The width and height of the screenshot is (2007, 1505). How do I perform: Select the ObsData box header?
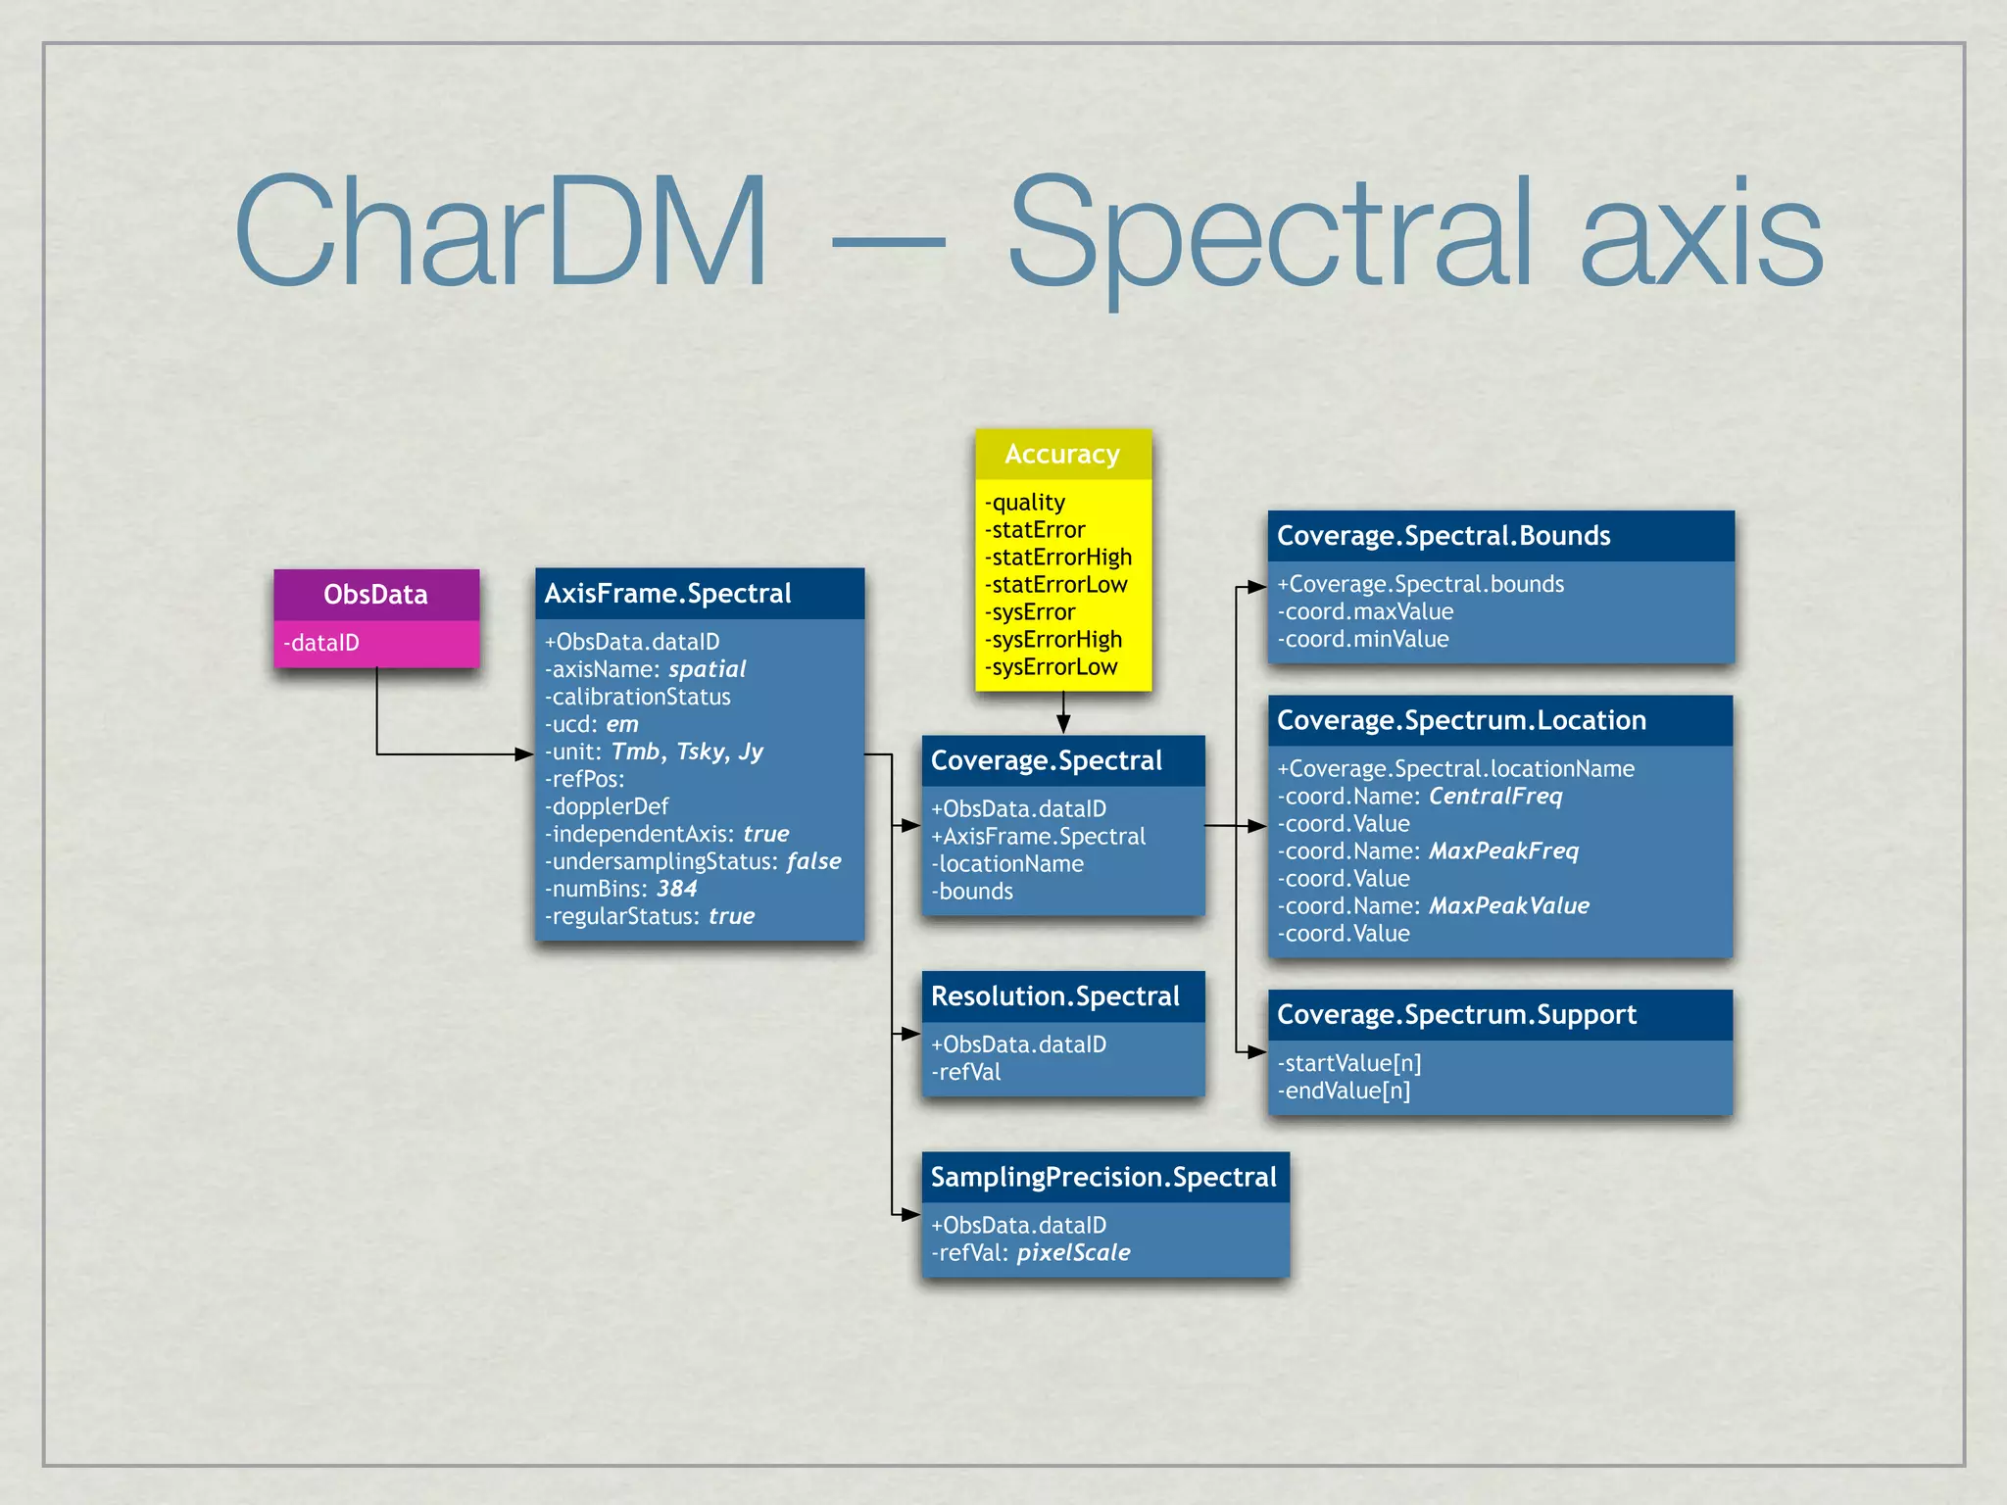click(375, 595)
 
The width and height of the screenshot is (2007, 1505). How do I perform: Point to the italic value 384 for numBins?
click(676, 889)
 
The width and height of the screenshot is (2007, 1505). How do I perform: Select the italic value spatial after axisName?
click(707, 669)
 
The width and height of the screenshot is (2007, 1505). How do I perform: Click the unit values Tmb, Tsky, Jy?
click(687, 752)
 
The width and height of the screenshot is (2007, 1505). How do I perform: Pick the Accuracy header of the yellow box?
click(1062, 455)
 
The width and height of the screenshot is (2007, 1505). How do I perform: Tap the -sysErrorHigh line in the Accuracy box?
click(1053, 640)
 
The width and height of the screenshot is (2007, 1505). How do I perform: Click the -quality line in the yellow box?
click(1025, 503)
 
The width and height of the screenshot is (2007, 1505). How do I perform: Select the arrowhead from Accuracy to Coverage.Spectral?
click(1063, 724)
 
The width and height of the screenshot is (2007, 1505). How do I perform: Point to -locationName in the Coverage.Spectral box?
click(1007, 864)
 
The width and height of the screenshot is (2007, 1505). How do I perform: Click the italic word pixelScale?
click(1073, 1253)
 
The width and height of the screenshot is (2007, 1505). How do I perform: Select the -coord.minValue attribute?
click(1363, 640)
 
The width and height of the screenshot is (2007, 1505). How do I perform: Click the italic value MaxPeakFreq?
click(1503, 851)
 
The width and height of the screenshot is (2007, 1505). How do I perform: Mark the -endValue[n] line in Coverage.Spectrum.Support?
click(1344, 1092)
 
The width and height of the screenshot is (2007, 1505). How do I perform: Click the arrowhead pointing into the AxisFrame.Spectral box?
click(524, 754)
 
